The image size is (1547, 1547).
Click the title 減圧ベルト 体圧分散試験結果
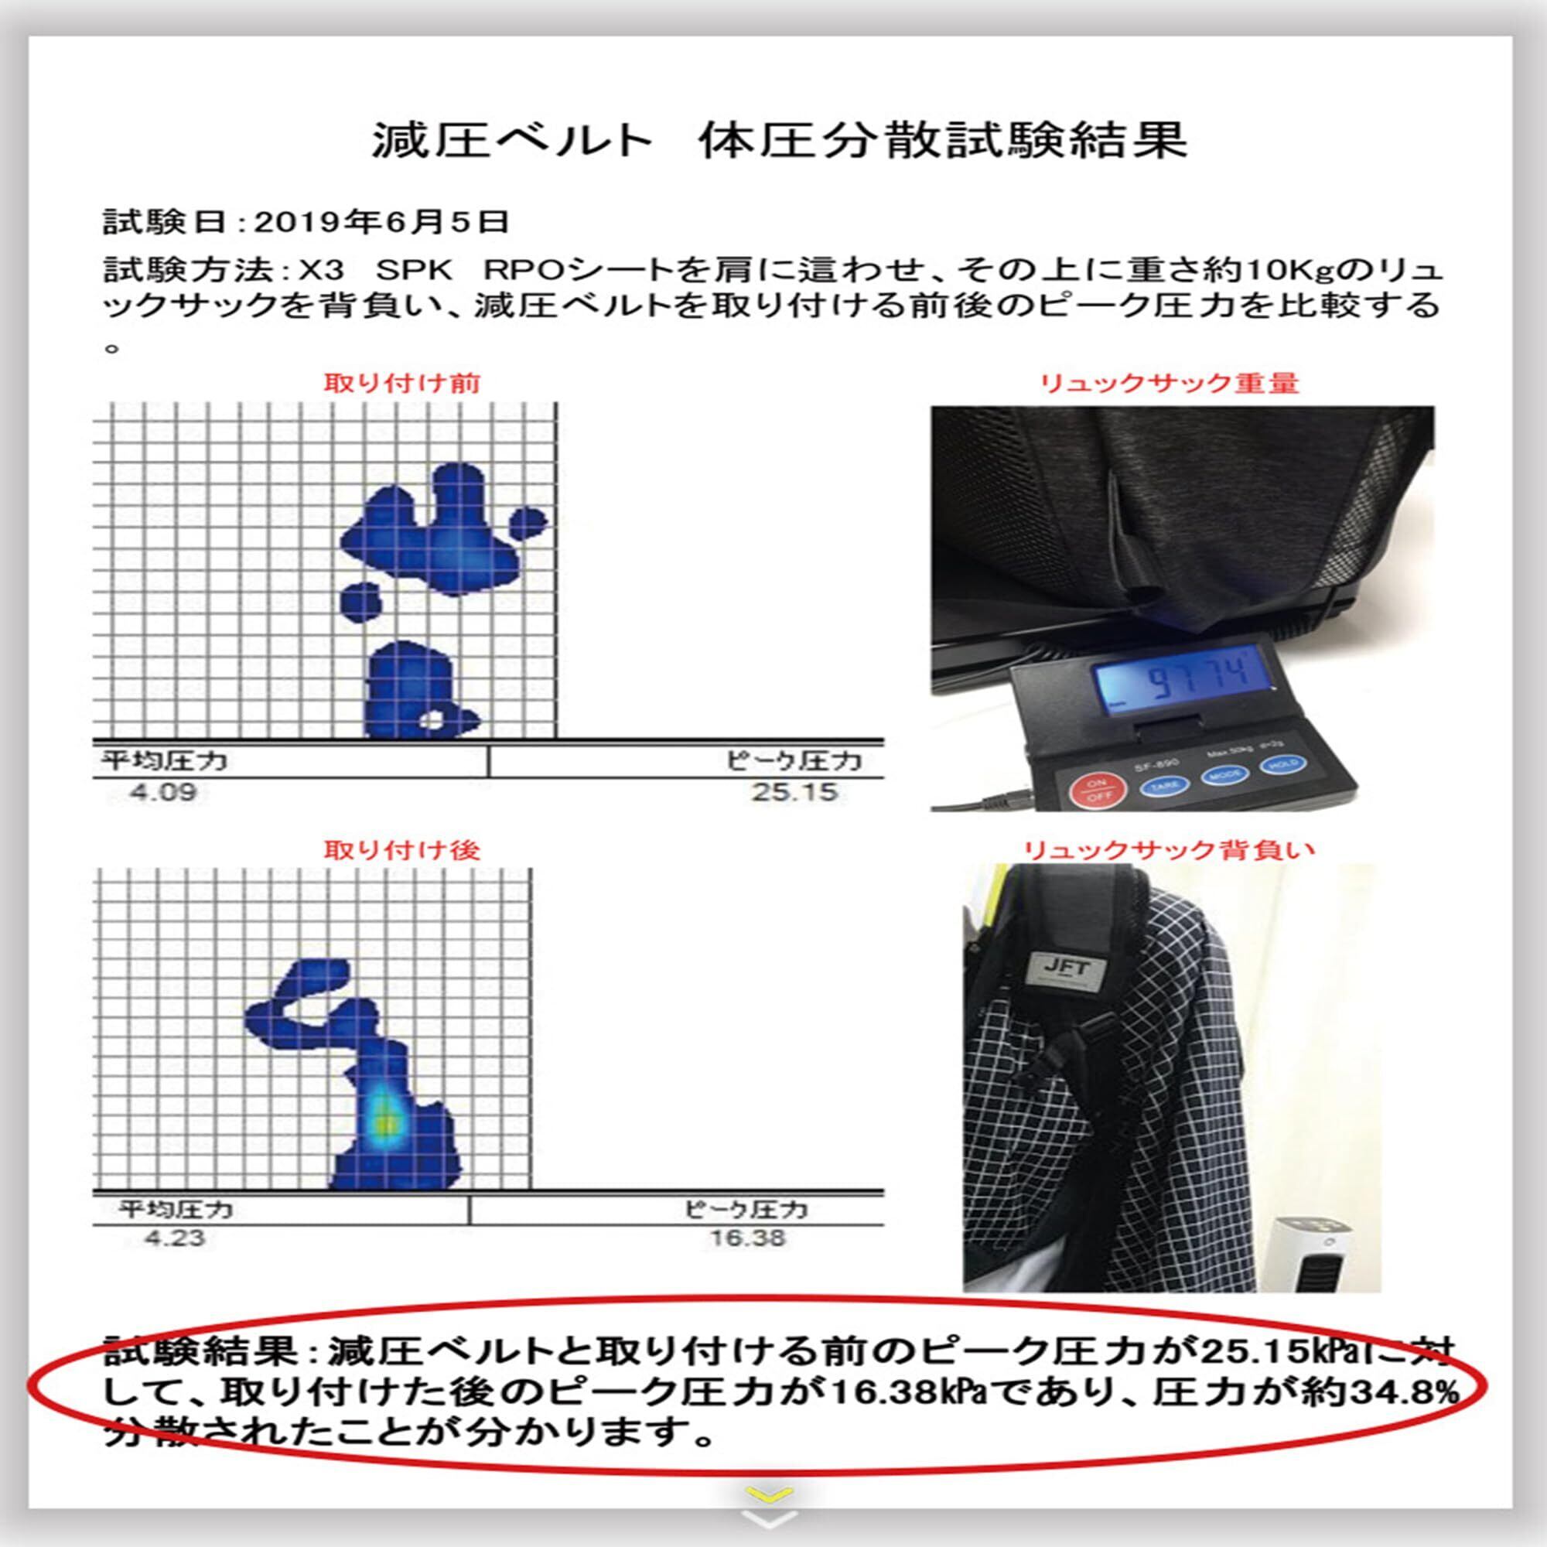coord(779,141)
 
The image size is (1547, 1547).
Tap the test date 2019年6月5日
coord(382,222)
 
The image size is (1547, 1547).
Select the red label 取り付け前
coord(402,383)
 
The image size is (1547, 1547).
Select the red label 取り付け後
coord(402,849)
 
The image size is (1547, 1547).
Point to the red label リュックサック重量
coord(1169,383)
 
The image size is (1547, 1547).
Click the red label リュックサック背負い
coord(1170,849)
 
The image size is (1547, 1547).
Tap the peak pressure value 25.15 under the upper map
coord(794,792)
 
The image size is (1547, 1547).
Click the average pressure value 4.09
coord(163,793)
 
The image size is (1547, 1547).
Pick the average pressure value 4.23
coord(176,1238)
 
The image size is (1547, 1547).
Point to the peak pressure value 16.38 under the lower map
coord(748,1238)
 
